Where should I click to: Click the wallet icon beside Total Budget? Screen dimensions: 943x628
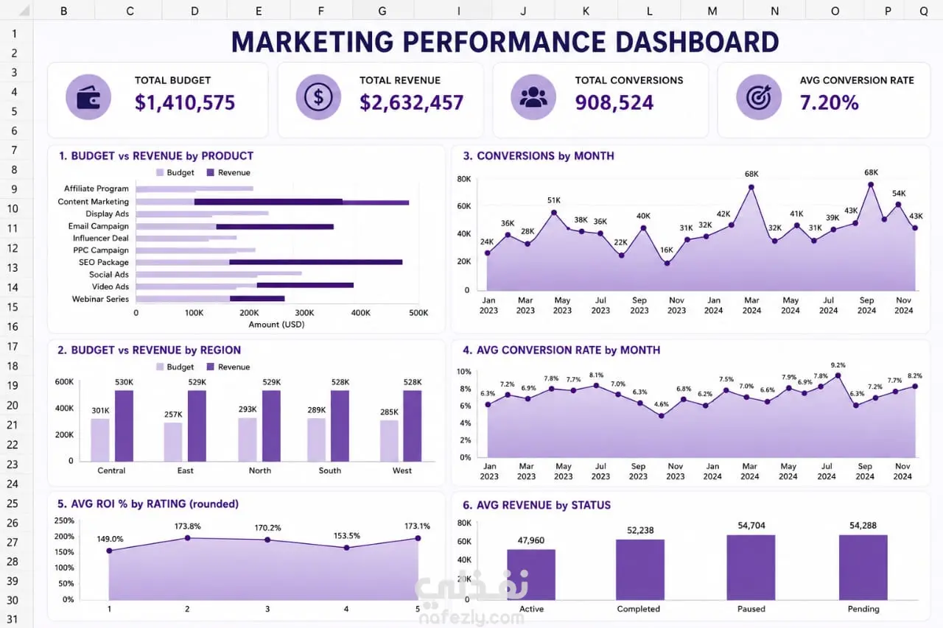tap(88, 97)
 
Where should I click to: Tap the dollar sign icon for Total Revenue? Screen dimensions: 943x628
tap(318, 97)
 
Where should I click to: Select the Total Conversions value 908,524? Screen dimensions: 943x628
tap(614, 102)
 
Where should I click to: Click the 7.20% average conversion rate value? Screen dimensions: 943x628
tap(829, 102)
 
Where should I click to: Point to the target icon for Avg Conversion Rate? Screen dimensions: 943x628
tap(759, 97)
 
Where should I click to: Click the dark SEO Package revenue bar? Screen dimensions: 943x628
tap(316, 262)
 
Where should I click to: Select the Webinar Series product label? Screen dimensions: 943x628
tap(100, 299)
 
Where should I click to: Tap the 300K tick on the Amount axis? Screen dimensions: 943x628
tap(304, 313)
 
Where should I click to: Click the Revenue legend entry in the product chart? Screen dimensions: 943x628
tap(228, 172)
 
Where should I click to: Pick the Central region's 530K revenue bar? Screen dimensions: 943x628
tap(125, 426)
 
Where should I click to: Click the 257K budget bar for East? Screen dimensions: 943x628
tap(173, 442)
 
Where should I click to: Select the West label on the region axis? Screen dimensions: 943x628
tap(402, 470)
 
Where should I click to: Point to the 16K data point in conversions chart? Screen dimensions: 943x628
tap(667, 264)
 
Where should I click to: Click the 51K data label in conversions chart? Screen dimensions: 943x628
tap(554, 200)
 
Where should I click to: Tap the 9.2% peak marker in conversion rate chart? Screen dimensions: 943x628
tap(838, 375)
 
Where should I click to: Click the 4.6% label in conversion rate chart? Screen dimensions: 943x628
tap(662, 404)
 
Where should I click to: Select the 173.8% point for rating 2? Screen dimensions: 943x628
tap(187, 538)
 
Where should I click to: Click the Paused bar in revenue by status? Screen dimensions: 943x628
tap(751, 568)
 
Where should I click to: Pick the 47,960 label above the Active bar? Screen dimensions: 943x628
tap(531, 540)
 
